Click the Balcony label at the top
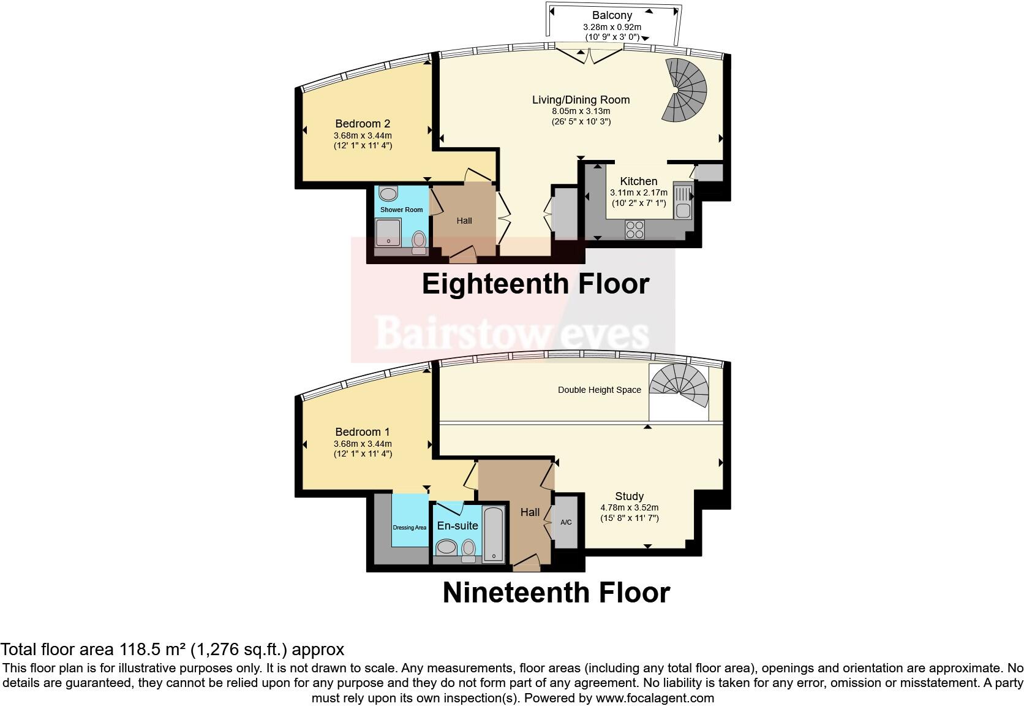click(612, 15)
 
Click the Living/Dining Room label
click(581, 100)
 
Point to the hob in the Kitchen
click(634, 229)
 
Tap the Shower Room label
click(401, 210)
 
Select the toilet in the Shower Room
click(420, 239)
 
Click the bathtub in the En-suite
click(494, 534)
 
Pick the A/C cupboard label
click(566, 522)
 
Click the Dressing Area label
click(409, 527)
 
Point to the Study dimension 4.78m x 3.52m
click(629, 507)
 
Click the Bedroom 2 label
click(363, 124)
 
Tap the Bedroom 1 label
click(363, 432)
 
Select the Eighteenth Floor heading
click(535, 284)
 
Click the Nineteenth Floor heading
click(556, 593)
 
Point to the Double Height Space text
click(599, 390)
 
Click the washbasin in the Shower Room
click(388, 194)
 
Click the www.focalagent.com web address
click(654, 697)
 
